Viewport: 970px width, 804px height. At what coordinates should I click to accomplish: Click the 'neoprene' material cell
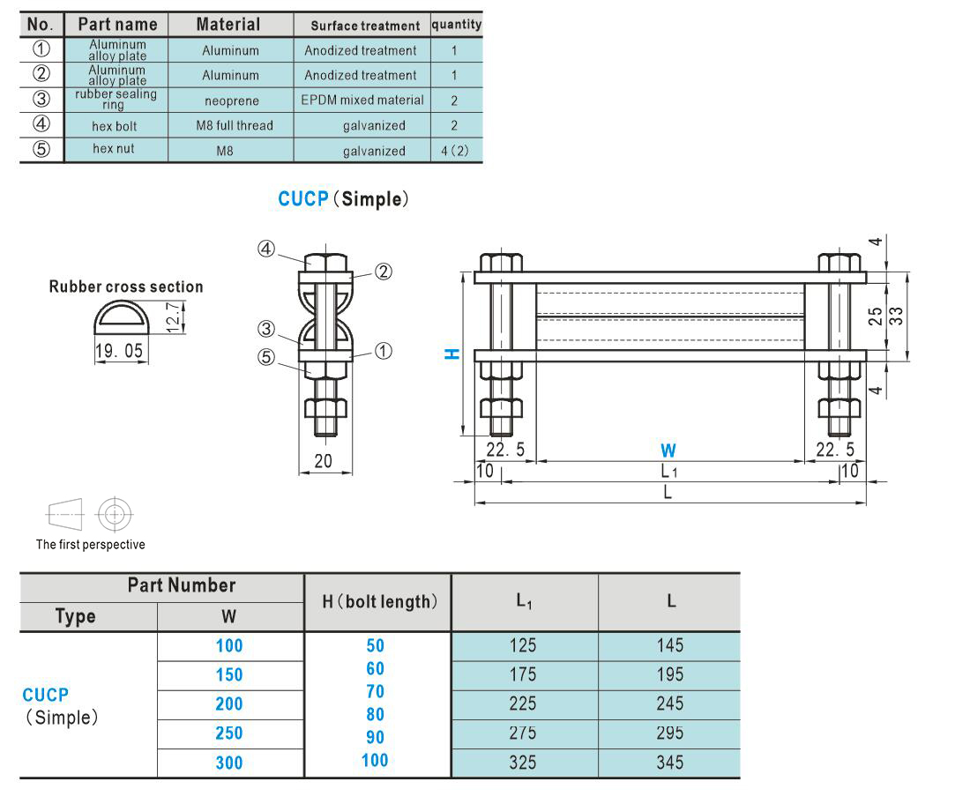231,100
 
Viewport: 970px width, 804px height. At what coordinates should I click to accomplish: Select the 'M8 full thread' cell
235,125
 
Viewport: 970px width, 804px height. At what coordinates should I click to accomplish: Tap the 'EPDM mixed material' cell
362,100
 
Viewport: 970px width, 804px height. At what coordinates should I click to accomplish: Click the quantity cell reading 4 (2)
455,150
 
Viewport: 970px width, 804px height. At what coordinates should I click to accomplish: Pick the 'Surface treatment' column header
365,26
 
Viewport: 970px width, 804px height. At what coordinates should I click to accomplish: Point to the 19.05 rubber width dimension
119,351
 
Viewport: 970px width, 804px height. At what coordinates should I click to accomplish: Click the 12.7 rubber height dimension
174,316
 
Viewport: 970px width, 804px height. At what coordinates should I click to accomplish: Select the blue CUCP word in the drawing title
302,198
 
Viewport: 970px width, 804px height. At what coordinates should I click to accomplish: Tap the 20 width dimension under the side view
323,461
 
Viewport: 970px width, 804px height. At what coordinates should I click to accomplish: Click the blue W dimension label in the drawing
668,450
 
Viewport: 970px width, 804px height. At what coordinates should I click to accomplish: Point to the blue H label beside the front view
452,354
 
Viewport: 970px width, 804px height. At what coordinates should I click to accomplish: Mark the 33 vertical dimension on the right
896,316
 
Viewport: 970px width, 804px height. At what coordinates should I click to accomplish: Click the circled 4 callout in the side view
266,249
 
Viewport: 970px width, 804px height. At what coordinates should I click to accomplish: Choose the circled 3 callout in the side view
266,329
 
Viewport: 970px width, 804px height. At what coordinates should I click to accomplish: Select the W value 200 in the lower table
229,703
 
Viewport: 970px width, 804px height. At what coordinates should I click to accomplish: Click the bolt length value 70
375,691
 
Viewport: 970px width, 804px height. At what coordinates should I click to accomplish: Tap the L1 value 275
523,733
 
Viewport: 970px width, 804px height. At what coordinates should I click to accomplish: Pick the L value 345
670,763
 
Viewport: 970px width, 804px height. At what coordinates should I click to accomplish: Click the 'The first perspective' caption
90,544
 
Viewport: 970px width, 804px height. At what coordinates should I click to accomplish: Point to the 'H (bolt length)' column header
379,601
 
